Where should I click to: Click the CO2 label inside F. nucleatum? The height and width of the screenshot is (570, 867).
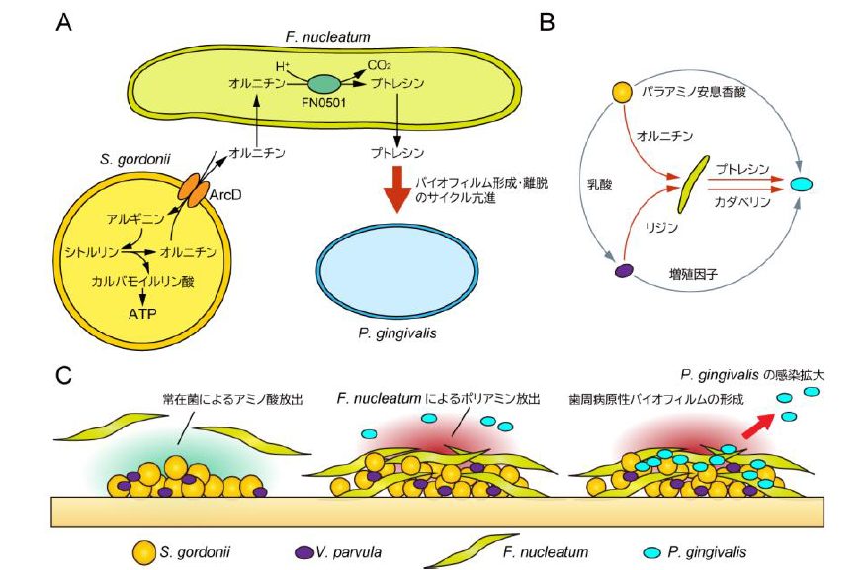(380, 65)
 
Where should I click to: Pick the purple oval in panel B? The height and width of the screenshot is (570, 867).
(624, 269)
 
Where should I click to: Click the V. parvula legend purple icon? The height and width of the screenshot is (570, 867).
(303, 550)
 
